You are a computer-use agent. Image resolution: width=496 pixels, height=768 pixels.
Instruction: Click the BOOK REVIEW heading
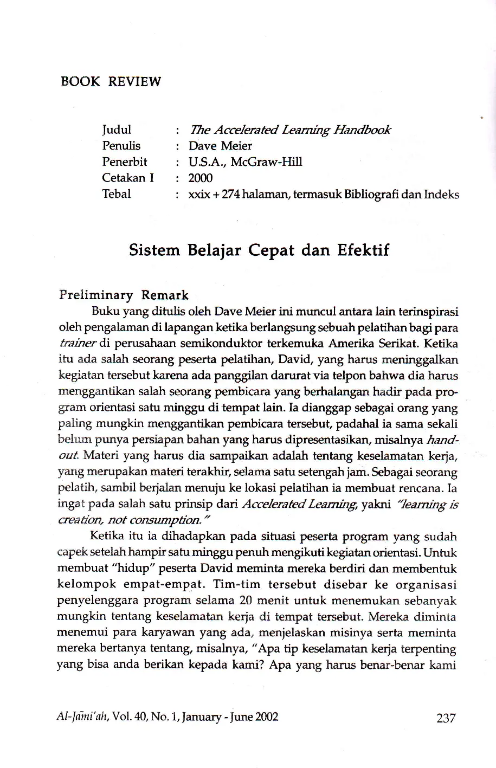(x=111, y=82)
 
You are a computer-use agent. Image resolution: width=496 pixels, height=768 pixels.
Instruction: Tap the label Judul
(x=117, y=130)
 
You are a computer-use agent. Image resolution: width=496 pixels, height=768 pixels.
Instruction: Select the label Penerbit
(x=125, y=162)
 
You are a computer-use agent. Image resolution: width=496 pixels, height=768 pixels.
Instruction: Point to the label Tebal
(x=117, y=194)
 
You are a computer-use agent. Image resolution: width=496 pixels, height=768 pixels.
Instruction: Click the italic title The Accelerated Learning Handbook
(x=289, y=130)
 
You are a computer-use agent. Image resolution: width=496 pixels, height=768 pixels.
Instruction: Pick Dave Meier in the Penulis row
(x=220, y=146)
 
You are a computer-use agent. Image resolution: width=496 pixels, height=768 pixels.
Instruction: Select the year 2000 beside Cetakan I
(x=201, y=178)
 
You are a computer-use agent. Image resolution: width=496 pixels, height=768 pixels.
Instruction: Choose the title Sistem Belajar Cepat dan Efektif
(x=259, y=251)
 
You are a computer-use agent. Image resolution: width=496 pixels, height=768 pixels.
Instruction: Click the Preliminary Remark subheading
(x=124, y=295)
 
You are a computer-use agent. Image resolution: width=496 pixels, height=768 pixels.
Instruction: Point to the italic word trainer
(x=76, y=344)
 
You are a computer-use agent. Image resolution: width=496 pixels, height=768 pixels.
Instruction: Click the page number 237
(x=446, y=718)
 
